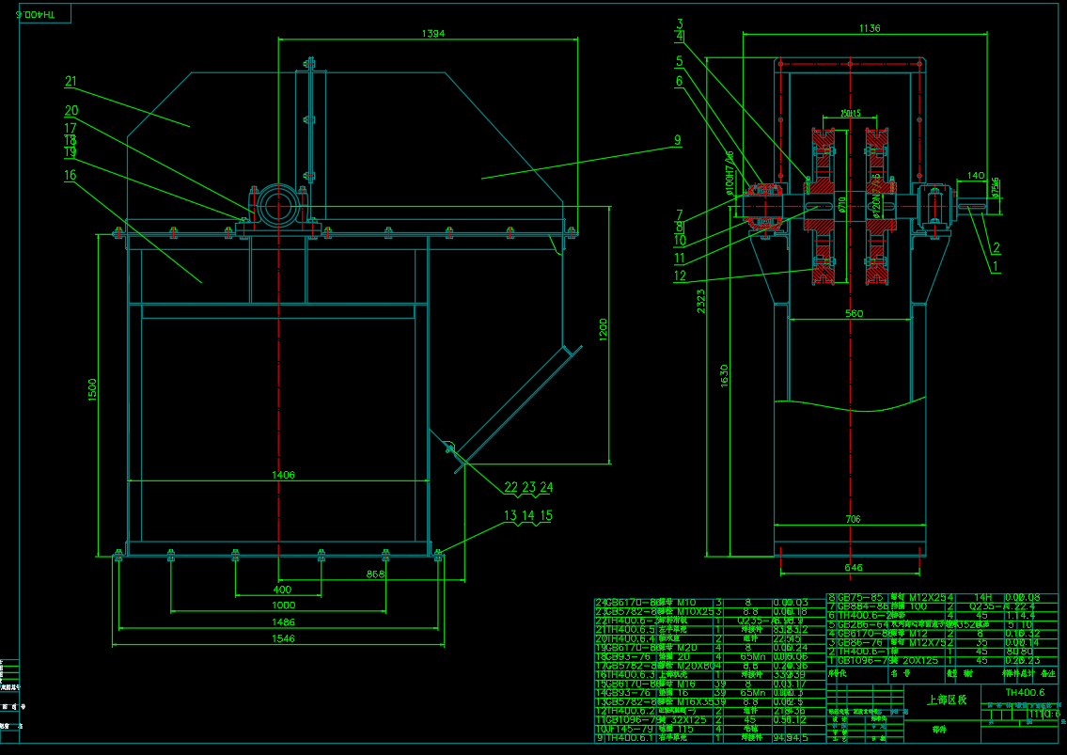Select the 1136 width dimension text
click(x=870, y=28)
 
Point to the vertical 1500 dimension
click(x=92, y=391)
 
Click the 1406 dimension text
click(x=283, y=475)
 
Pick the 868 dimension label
click(x=376, y=573)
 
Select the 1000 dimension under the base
click(x=283, y=606)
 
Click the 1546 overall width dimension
click(x=283, y=638)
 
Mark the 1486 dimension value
click(x=283, y=621)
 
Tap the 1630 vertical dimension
click(x=723, y=375)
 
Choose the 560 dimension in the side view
click(x=854, y=313)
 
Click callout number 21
click(x=71, y=82)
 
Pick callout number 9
click(x=676, y=141)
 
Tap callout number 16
click(x=71, y=175)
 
